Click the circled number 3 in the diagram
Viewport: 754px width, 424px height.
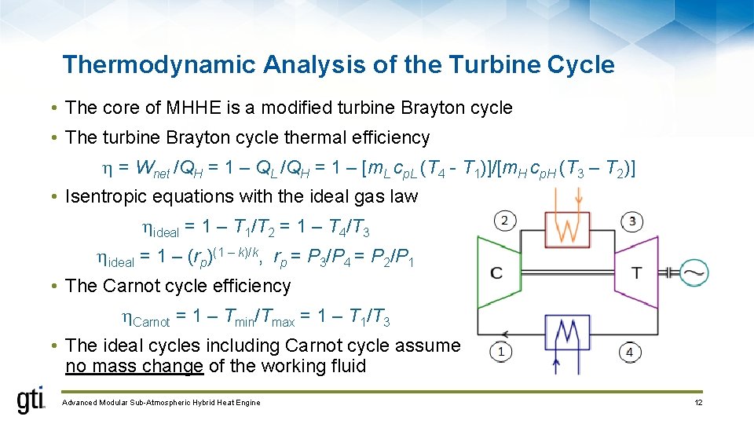click(631, 221)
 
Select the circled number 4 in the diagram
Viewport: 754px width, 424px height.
click(629, 352)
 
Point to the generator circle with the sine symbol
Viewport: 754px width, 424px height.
click(695, 272)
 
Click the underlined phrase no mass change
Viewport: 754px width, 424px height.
click(134, 366)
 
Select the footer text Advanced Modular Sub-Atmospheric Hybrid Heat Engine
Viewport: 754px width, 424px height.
click(161, 403)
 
